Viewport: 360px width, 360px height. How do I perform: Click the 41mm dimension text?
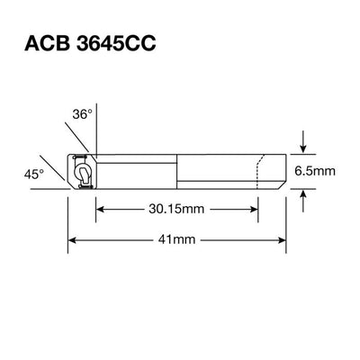177,240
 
